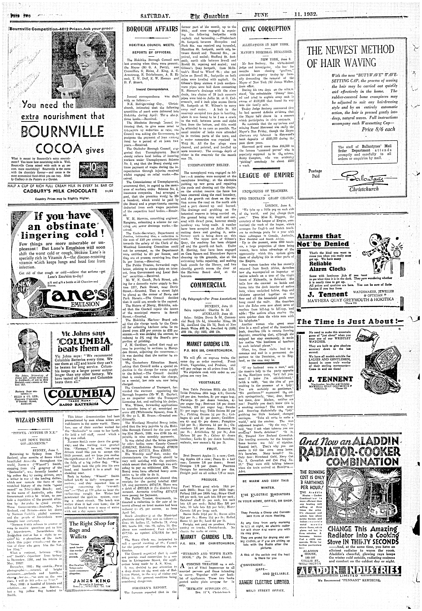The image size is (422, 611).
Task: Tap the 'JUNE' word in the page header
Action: pyautogui.click(x=261, y=15)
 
